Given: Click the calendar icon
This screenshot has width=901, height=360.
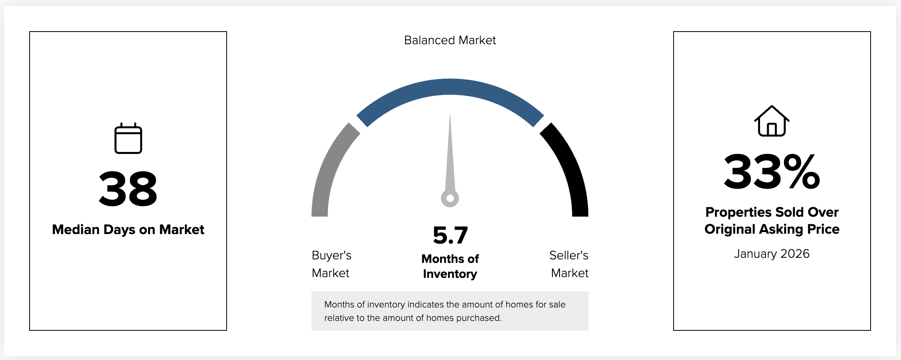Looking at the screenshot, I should pos(128,139).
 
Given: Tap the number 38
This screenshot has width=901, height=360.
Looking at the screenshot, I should pos(128,189).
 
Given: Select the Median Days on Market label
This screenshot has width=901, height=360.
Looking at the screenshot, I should pos(128,230).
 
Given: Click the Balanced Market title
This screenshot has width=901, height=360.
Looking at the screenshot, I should pos(450,40).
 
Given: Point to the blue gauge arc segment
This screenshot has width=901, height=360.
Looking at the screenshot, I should pos(450,87).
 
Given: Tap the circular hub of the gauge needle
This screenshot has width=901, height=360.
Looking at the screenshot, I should pos(450,199).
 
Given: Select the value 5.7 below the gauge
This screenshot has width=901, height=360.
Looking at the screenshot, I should pos(450,235).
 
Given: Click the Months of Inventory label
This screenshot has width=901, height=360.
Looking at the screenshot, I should pos(450,266).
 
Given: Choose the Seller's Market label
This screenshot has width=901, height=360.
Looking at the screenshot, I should pos(569,264).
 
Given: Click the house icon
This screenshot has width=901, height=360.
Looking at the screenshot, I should pos(771,121).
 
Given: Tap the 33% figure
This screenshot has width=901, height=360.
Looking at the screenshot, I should pos(771,172).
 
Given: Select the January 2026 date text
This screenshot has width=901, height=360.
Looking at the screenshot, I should pos(771,254).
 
